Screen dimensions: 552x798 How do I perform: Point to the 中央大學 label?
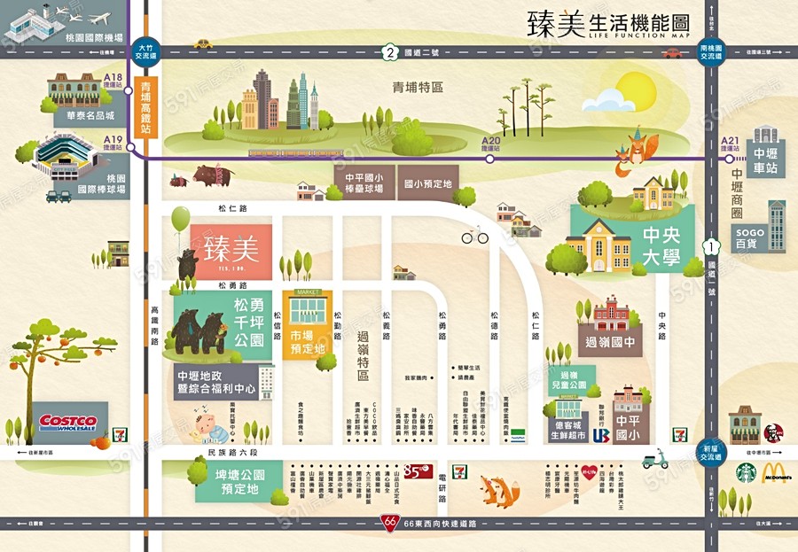point(661,245)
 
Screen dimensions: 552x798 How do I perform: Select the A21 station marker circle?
point(728,159)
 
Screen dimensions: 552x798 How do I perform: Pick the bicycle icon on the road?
point(474,236)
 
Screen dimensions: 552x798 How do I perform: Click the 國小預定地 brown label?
point(427,183)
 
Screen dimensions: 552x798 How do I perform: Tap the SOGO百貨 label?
point(749,237)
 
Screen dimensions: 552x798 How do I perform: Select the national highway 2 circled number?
point(389,52)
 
